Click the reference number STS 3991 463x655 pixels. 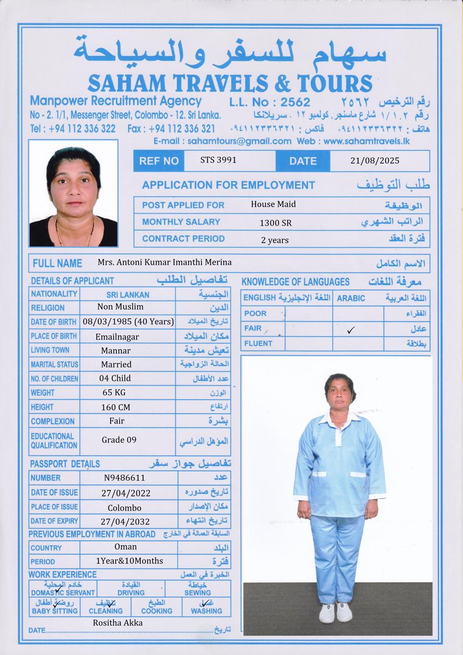218,160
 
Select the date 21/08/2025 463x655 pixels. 374,161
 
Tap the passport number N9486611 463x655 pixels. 124,478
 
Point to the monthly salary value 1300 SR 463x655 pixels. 276,223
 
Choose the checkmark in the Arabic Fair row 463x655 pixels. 350,331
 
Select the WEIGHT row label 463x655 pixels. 43,393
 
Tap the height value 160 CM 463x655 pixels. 116,407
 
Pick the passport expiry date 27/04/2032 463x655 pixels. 125,521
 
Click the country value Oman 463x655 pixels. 125,547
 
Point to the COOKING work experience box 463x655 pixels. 157,607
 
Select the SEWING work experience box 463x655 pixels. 198,588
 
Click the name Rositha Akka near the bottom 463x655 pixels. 118,623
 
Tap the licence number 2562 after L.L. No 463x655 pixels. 296,102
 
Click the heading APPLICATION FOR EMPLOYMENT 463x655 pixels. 228,185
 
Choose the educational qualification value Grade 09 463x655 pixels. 119,440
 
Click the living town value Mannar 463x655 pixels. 116,351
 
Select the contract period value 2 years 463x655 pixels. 275,240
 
